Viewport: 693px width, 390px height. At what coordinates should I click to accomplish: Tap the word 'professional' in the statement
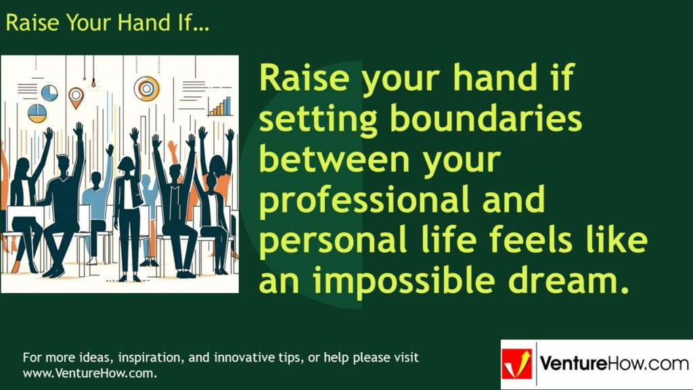[x=356, y=202]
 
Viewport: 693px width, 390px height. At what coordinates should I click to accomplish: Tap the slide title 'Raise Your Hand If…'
[x=107, y=23]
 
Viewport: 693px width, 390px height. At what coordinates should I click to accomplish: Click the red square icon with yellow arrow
[x=517, y=364]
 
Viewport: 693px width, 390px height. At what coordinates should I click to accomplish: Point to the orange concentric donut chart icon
[x=146, y=88]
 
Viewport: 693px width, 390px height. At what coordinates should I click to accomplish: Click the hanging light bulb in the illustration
[x=94, y=83]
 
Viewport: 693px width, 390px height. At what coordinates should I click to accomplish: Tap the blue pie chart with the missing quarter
[x=49, y=92]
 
